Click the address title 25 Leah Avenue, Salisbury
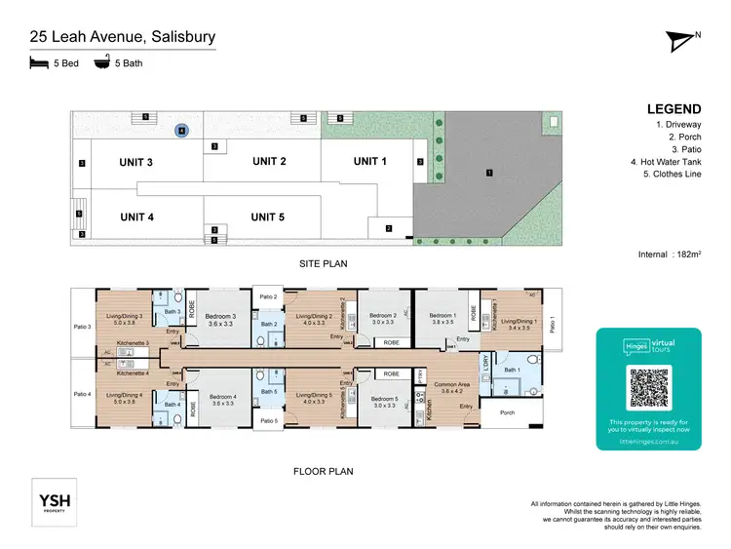(122, 38)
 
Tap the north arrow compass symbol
(681, 40)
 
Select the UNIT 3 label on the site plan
(136, 162)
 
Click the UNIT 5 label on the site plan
(267, 216)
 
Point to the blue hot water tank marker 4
(180, 129)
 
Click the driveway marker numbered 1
(488, 173)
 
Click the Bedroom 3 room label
(221, 316)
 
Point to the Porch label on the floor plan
(507, 412)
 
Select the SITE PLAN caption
(323, 263)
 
